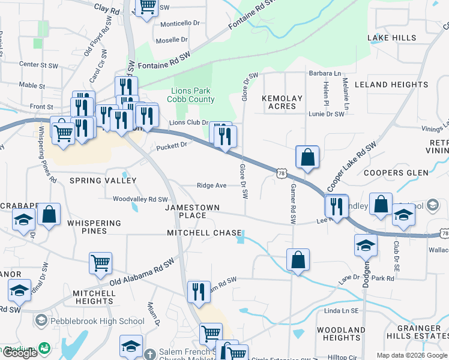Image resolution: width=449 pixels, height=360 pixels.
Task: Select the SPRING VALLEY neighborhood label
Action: [103, 181]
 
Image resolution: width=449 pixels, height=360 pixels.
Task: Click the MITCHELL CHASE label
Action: [204, 233]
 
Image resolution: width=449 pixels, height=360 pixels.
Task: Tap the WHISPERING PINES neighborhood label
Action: [94, 227]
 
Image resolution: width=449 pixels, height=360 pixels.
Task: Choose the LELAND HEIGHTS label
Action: [391, 85]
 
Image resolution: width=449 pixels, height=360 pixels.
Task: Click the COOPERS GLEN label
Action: [395, 173]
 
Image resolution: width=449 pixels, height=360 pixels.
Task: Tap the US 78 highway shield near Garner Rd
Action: [282, 173]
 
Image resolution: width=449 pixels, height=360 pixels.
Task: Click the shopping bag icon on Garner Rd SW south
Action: [298, 260]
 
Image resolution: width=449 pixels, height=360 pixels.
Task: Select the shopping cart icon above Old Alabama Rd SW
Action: [100, 263]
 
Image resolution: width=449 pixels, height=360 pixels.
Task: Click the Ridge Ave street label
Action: [211, 186]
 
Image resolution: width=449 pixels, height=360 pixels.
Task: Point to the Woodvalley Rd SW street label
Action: [140, 199]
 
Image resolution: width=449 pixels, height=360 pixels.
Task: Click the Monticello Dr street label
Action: [180, 23]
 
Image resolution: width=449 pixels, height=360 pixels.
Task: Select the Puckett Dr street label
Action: [172, 145]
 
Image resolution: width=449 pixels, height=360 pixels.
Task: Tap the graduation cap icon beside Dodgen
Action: [366, 245]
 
